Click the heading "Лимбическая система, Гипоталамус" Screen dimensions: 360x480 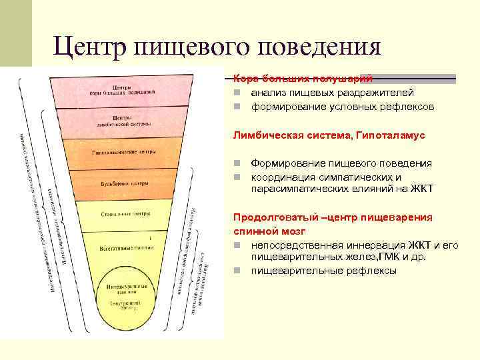329,135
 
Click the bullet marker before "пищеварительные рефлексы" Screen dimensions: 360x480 237,271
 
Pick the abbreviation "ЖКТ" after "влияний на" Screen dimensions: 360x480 423,189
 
